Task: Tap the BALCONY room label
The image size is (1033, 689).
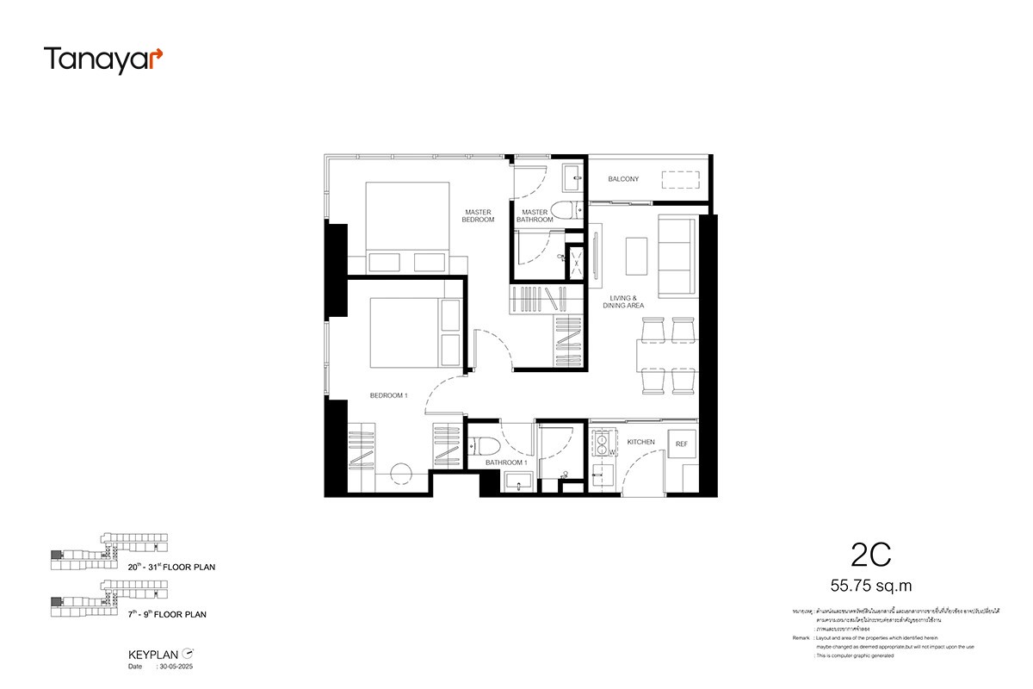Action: pyautogui.click(x=623, y=179)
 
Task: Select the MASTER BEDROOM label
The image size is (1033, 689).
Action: pyautogui.click(x=479, y=215)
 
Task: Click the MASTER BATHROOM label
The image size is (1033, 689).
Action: pyautogui.click(x=534, y=216)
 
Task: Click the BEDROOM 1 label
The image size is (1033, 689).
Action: pyautogui.click(x=388, y=395)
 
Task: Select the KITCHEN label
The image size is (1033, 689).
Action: pyautogui.click(x=640, y=442)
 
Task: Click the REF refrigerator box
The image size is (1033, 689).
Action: pyautogui.click(x=682, y=444)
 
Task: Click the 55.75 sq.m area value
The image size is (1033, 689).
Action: pyautogui.click(x=870, y=587)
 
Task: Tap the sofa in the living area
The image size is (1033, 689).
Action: pyautogui.click(x=677, y=254)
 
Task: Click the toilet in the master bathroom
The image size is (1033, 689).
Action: pyautogui.click(x=566, y=210)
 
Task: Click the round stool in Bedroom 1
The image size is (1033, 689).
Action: pyautogui.click(x=400, y=475)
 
